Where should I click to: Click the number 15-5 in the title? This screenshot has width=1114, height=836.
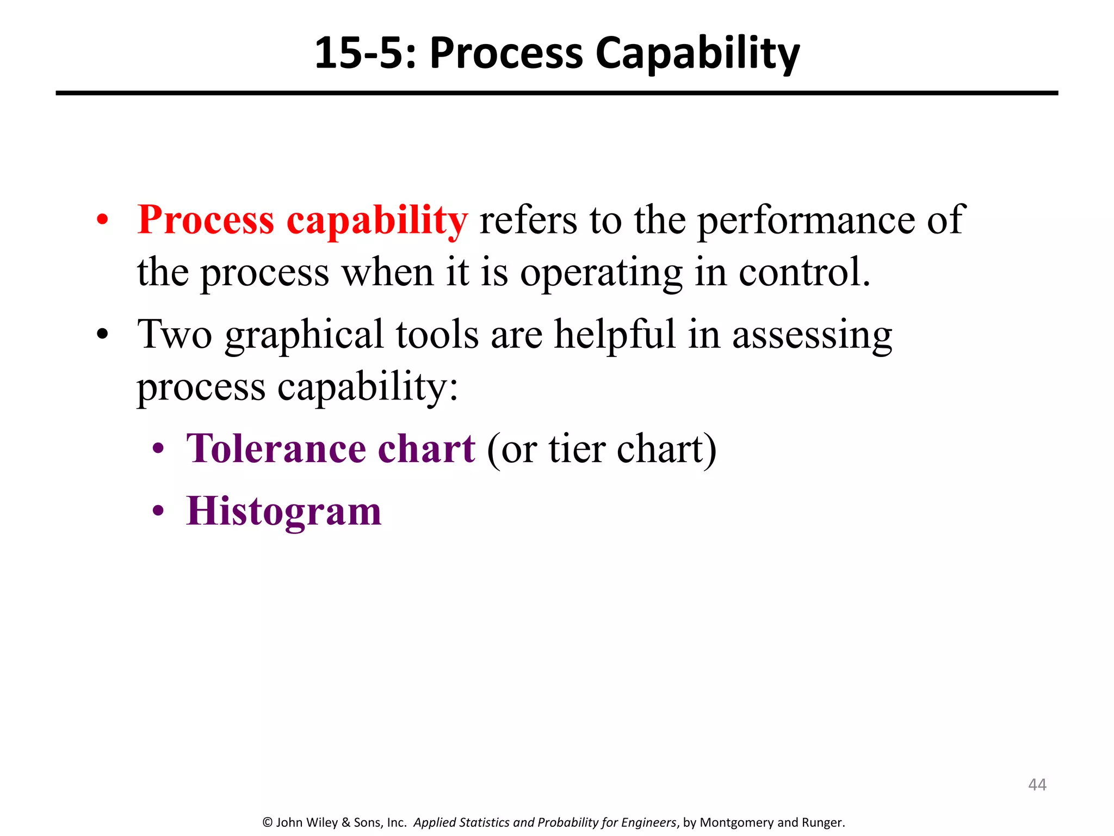tap(364, 53)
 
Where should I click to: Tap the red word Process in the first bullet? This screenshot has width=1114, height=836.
tap(206, 220)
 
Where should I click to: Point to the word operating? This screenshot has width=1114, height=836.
tap(601, 273)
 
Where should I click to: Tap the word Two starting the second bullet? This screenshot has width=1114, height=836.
tap(175, 335)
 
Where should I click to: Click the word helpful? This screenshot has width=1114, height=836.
tap(615, 335)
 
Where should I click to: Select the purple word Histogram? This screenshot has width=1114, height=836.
tap(283, 512)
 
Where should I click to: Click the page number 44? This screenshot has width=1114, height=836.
tap(1037, 784)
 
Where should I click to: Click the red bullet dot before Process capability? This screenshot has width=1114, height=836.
tap(102, 221)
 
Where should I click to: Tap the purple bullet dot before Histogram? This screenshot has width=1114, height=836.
tap(158, 511)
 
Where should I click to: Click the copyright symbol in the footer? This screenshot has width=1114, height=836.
tap(267, 822)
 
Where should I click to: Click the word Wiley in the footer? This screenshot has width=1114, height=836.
tap(322, 822)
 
